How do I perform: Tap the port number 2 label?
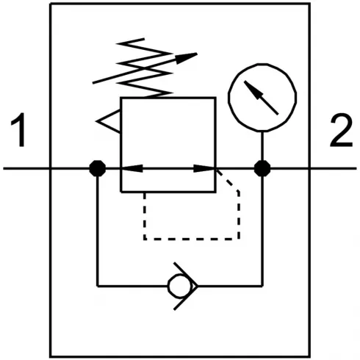coord(339,132)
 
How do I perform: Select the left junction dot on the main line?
coord(96,168)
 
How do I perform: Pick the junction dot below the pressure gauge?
coord(262,168)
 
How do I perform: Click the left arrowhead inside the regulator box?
coord(128,168)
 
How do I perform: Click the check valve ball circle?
coord(178,284)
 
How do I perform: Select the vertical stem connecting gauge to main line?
coord(262,147)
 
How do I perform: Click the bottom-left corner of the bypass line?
coord(97,284)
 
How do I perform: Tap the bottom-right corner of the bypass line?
coord(262,284)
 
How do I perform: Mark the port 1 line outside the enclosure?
coord(26,168)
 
